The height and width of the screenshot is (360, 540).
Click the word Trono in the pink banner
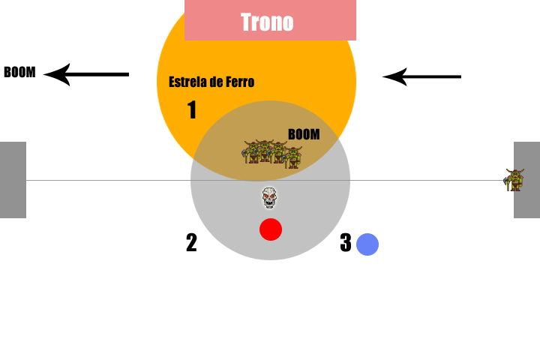[x=267, y=22]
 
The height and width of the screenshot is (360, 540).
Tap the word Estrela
[x=188, y=82]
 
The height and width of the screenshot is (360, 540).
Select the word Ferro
[x=238, y=82]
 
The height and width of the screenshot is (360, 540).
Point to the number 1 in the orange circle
[x=192, y=111]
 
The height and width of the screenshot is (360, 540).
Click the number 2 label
[x=191, y=243]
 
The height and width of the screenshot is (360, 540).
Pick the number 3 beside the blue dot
[x=346, y=243]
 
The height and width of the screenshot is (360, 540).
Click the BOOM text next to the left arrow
[x=19, y=73]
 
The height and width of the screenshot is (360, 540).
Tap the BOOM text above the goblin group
[x=304, y=134]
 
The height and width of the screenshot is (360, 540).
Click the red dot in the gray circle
[x=271, y=229]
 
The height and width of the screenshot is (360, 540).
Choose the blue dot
[x=367, y=244]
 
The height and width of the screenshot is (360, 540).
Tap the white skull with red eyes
[x=270, y=198]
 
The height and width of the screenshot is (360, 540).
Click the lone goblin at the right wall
[x=514, y=180]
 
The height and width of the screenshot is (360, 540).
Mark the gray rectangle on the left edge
[x=13, y=180]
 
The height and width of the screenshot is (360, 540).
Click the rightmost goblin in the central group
[x=292, y=157]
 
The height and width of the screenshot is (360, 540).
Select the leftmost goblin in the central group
[x=251, y=152]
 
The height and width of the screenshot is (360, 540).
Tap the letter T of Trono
[x=245, y=22]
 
